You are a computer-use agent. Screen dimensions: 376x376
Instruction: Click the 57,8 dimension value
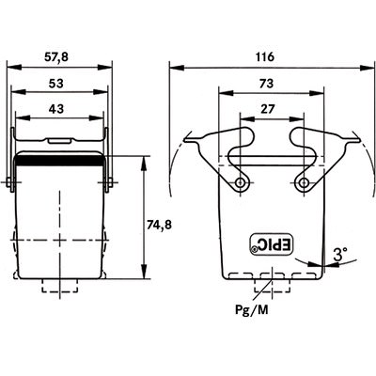pos(56,57)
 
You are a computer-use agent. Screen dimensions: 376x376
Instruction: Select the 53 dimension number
pos(56,84)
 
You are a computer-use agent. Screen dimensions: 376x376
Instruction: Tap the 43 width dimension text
pos(56,109)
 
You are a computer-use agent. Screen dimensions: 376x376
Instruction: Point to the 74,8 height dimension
pos(159,225)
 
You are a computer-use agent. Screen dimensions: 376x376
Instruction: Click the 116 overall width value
pos(265,57)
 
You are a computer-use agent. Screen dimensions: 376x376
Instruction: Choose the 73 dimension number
pos(266,84)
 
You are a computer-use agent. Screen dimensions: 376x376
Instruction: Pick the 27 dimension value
pos(267,109)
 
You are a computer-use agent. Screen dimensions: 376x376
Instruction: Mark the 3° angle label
pos(339,254)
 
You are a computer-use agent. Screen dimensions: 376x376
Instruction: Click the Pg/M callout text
pos(252,310)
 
